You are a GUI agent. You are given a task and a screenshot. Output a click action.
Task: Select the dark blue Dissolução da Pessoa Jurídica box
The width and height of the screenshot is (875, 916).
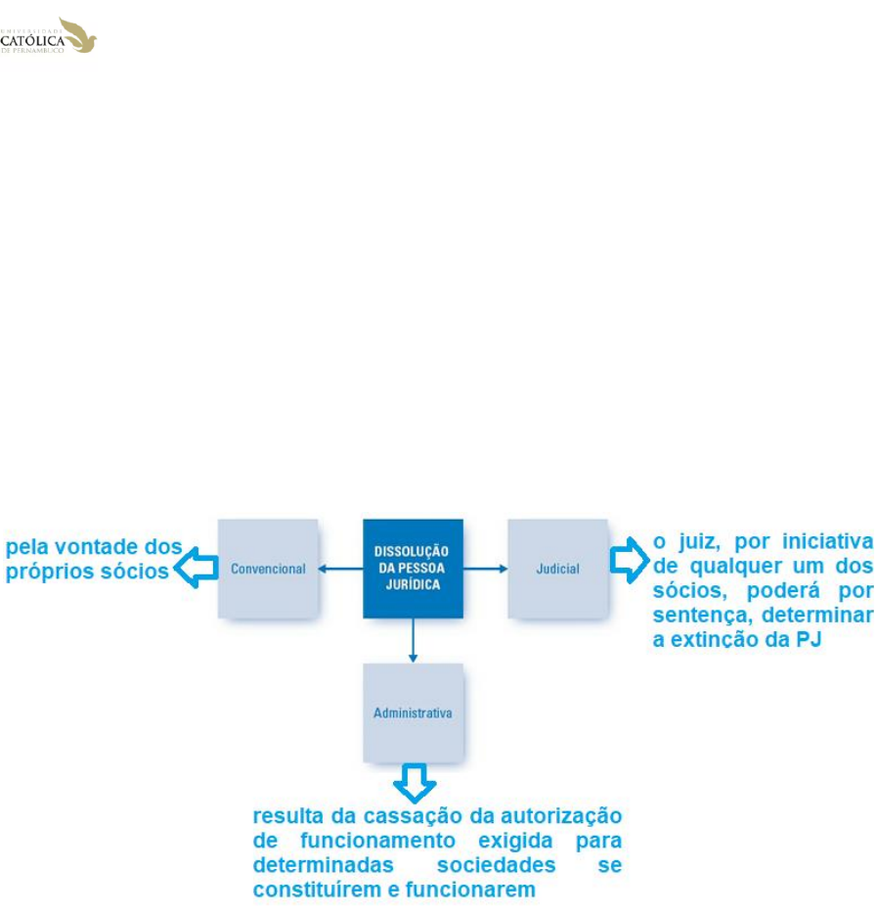(413, 569)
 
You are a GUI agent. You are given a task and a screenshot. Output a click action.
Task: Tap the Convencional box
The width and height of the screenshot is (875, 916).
(268, 569)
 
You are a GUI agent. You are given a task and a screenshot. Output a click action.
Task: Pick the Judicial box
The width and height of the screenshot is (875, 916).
(557, 569)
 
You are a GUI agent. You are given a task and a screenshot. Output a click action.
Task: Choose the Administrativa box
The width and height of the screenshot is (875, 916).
(413, 712)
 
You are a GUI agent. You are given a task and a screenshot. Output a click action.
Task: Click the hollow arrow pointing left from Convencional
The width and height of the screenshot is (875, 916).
(195, 569)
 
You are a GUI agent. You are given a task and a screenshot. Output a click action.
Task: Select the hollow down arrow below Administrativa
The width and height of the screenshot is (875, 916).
(414, 782)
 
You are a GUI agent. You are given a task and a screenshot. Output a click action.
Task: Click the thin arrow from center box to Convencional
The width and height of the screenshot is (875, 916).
(341, 569)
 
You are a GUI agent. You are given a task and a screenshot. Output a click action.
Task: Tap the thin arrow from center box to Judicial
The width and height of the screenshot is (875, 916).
(485, 569)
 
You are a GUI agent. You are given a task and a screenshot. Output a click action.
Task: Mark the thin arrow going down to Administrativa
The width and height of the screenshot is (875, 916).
(413, 640)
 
